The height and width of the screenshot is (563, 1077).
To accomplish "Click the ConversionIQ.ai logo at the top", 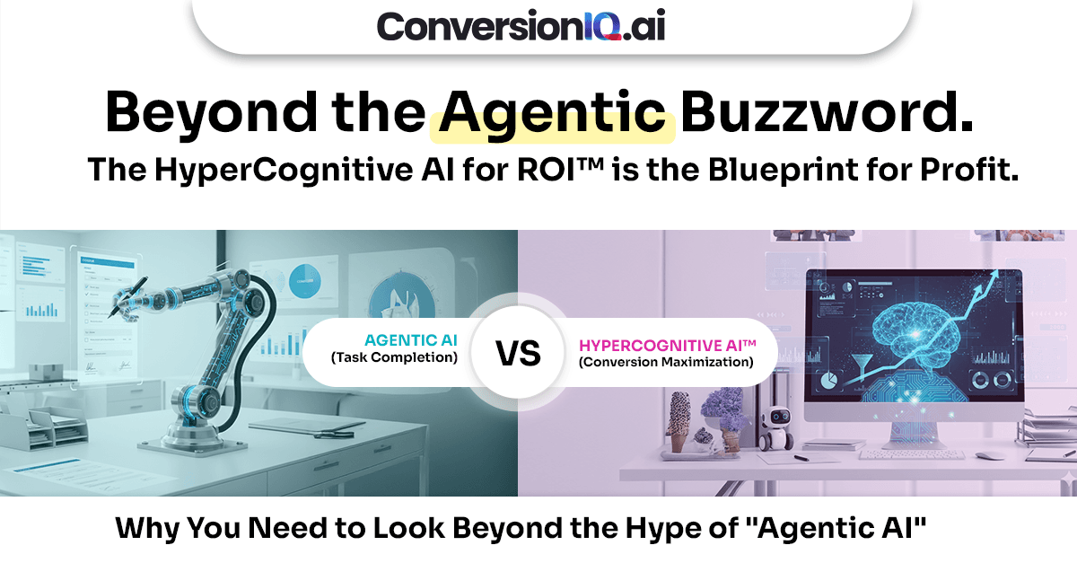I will (x=521, y=25).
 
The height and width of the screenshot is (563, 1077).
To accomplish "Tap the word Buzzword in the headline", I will (x=826, y=115).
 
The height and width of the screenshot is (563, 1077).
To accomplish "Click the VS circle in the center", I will (x=519, y=353).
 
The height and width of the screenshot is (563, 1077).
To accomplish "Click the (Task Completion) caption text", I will (x=394, y=357).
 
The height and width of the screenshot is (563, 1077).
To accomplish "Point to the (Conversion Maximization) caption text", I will (x=665, y=362).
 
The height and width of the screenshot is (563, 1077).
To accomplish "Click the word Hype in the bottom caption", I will (x=650, y=530).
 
